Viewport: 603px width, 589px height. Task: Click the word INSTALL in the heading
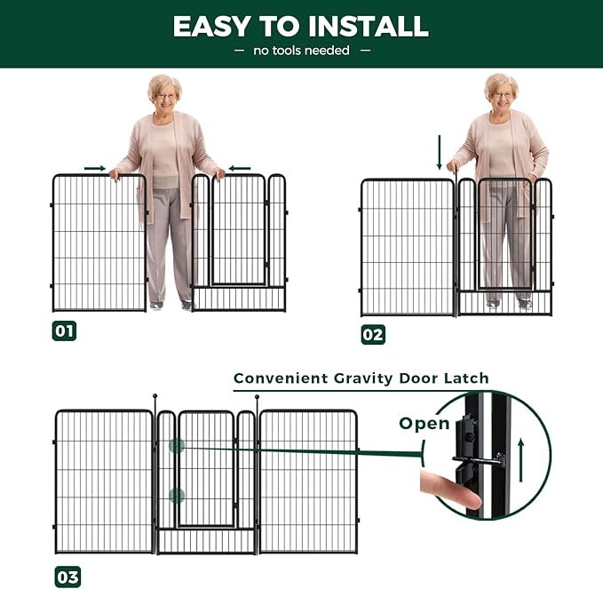369,27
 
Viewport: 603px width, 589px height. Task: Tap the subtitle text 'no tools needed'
302,51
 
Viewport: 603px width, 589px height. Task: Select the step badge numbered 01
64,330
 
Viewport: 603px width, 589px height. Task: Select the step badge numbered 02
373,334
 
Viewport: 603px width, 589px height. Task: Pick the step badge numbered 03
67,577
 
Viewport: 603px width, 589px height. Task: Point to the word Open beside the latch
424,424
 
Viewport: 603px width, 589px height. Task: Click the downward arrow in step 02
440,152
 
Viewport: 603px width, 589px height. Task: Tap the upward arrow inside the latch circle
521,459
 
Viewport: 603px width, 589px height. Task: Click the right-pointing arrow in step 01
95,168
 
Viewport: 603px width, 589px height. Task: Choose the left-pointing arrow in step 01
240,168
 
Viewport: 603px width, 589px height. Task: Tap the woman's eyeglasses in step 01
166,96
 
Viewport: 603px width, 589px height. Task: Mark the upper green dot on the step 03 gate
177,446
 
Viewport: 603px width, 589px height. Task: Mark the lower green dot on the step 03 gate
177,496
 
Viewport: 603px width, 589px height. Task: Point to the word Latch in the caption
466,378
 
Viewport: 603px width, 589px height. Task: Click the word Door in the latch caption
417,378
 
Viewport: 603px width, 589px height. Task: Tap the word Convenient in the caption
281,378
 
